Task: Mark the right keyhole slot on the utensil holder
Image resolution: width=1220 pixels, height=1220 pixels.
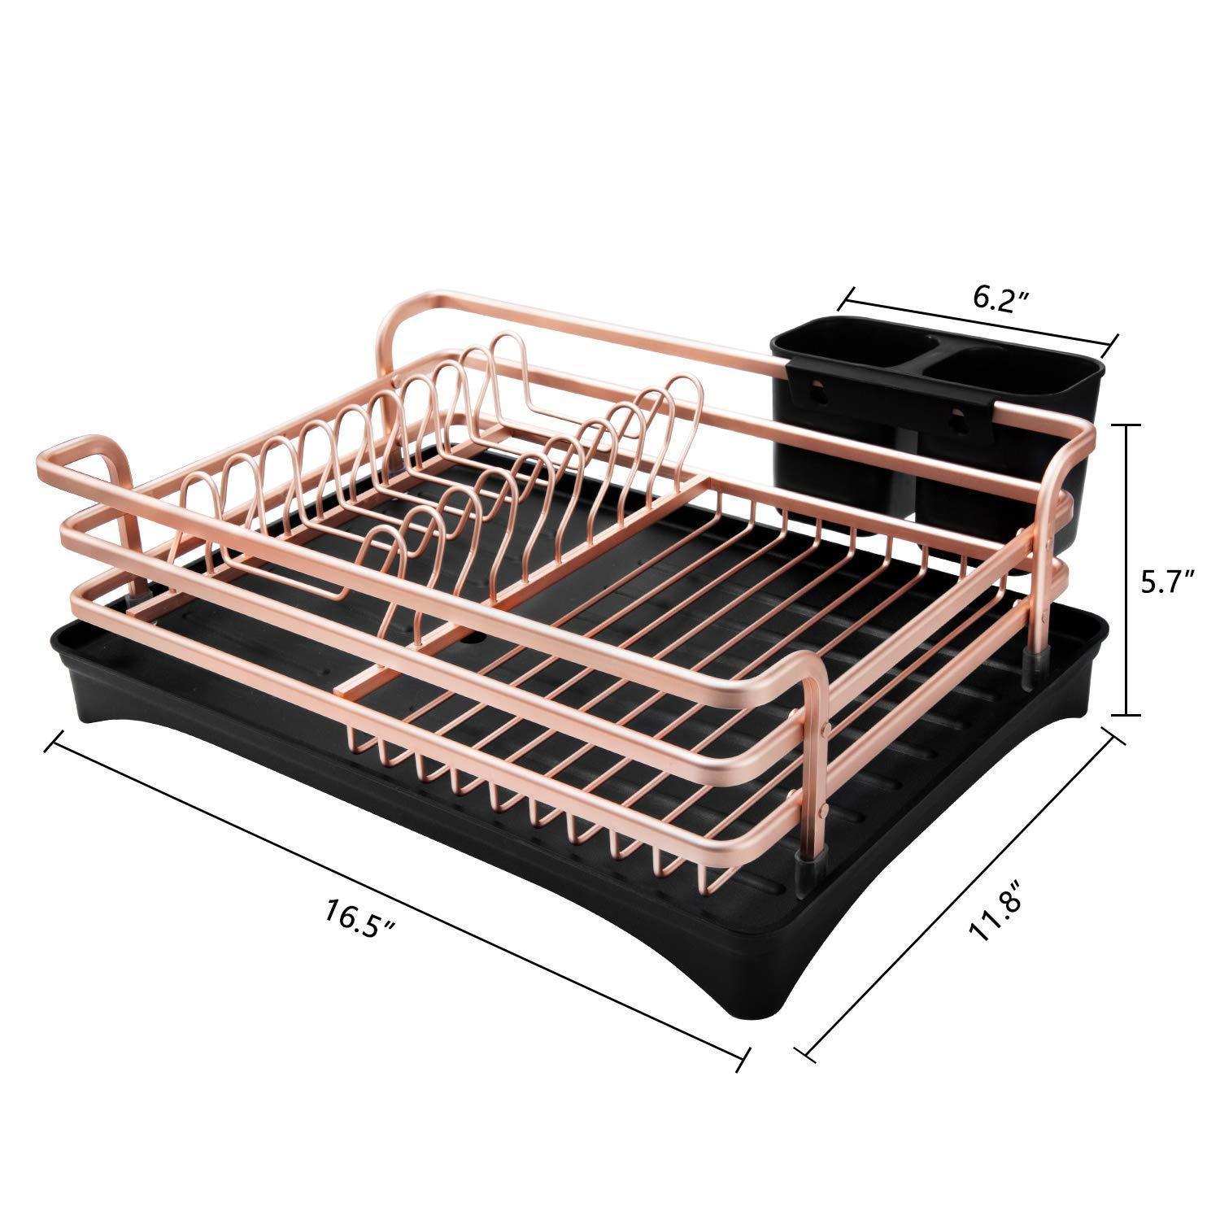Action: (956, 418)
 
